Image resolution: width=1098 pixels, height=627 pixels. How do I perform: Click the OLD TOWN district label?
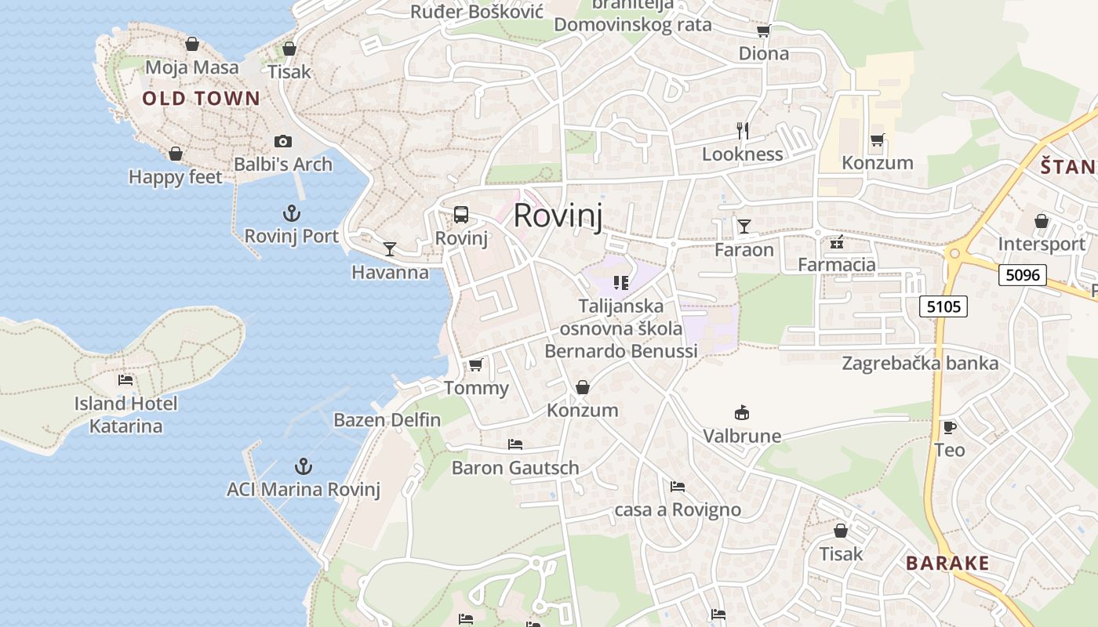tap(201, 98)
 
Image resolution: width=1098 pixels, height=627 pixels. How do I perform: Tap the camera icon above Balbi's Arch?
tap(283, 141)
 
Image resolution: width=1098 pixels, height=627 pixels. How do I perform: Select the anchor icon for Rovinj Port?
tap(292, 212)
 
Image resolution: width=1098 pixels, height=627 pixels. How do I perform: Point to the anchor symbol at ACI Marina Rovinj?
tap(304, 466)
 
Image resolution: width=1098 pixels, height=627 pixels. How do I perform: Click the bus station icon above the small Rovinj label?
tap(461, 215)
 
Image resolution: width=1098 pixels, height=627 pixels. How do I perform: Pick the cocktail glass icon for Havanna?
tap(390, 249)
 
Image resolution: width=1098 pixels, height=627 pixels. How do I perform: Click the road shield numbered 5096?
tap(1023, 275)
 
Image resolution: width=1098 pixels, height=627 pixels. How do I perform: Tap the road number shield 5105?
tap(943, 306)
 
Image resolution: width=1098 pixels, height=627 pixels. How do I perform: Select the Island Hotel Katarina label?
tap(125, 415)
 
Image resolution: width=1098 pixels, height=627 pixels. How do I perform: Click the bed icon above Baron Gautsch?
tap(515, 444)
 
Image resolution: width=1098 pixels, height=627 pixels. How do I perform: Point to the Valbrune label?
tap(742, 436)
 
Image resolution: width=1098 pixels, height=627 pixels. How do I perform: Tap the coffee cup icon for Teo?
tap(949, 427)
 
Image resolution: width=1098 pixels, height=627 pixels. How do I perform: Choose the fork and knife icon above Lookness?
tap(743, 131)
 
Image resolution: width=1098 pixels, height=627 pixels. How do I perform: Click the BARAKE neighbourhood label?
tap(947, 563)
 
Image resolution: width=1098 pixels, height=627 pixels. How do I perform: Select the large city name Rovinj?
tap(558, 216)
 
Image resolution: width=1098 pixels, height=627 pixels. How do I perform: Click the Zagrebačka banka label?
tap(920, 363)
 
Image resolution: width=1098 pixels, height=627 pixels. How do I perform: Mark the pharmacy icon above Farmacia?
tap(837, 241)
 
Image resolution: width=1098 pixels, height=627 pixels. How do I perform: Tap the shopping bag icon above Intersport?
tap(1042, 222)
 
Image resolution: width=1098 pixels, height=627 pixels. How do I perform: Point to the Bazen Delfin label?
tap(387, 420)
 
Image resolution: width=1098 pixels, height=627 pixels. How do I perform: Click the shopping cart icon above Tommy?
tap(475, 364)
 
